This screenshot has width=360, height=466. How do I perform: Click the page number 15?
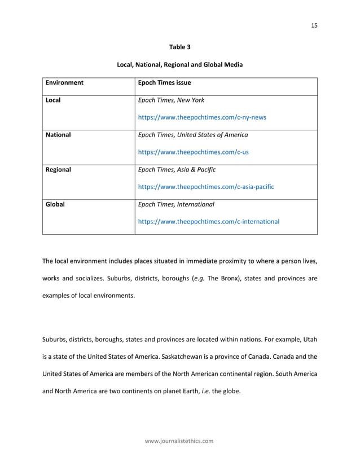tap(314, 25)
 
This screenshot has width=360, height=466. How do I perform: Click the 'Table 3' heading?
tap(179, 47)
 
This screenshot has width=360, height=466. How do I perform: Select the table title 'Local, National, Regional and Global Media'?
tap(179, 65)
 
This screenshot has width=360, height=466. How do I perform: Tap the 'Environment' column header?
tap(64, 83)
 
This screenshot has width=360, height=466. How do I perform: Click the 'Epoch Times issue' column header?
tap(164, 83)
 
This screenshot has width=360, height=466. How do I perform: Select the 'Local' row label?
tap(53, 100)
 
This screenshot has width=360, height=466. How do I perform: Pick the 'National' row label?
tap(58, 135)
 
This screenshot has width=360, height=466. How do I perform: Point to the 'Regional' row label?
tap(58, 169)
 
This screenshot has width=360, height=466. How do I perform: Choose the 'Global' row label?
tap(55, 204)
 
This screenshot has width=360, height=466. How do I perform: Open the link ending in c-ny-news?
tap(202, 118)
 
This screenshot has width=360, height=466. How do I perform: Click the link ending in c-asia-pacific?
tap(206, 187)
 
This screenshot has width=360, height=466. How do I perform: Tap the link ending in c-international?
tap(208, 222)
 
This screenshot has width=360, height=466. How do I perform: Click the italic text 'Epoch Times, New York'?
tap(171, 100)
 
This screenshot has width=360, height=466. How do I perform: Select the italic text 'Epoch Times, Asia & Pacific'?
tap(177, 169)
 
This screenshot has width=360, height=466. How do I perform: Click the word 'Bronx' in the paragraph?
tap(232, 278)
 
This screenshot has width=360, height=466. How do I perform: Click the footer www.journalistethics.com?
tap(179, 441)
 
